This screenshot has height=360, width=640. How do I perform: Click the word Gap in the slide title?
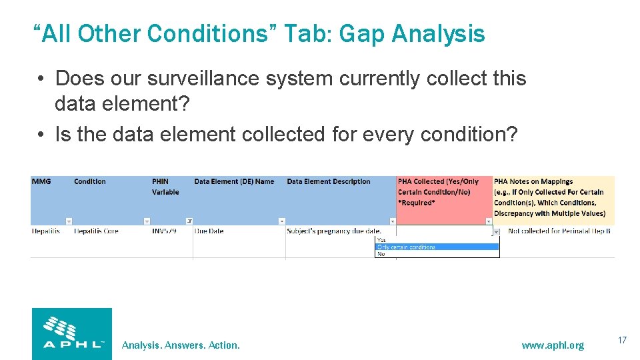coord(363,33)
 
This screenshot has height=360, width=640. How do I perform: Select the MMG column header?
coord(41,181)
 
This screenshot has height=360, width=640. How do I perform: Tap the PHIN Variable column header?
coord(165,187)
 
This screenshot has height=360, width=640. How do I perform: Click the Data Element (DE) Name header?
coord(234,181)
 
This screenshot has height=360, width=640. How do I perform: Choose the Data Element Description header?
coord(328,181)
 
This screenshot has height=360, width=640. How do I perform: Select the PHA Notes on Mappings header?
coord(551,197)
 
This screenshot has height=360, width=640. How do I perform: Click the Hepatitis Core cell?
coord(96,231)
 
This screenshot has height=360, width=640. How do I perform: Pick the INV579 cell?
coord(164,231)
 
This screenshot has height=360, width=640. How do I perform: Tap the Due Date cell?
coord(209,231)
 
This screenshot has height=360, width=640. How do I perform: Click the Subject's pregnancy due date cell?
coord(334,231)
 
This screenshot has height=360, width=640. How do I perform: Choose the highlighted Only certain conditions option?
coord(407,247)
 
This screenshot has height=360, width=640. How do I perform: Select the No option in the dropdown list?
coord(381,254)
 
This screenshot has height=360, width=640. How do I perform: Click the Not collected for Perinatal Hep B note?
coord(559,231)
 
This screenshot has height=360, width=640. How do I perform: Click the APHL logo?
coord(72,333)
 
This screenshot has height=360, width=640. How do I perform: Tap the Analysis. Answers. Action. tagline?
coord(181,345)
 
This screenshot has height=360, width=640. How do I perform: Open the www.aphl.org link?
coord(552,345)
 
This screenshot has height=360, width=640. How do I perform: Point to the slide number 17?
coord(622,341)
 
